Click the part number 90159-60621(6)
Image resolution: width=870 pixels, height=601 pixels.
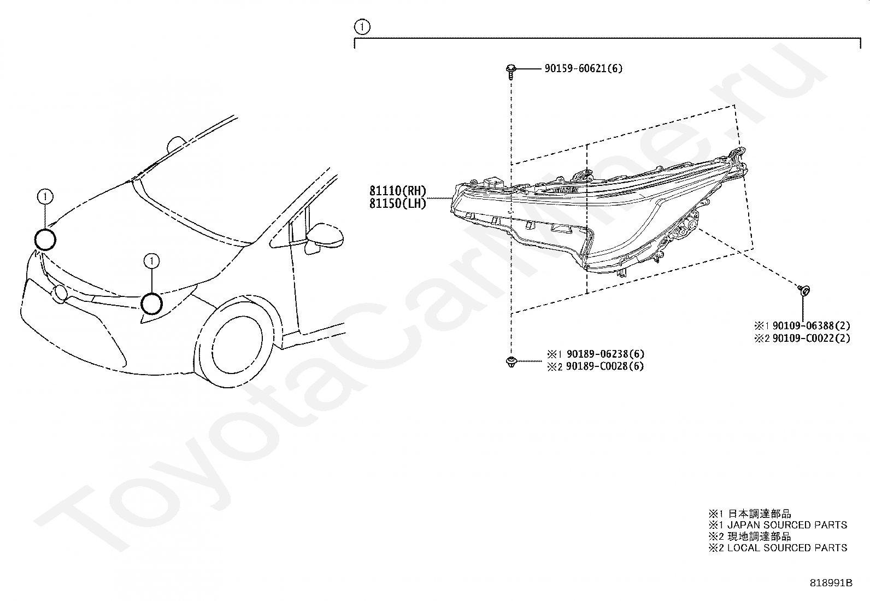pyautogui.click(x=583, y=68)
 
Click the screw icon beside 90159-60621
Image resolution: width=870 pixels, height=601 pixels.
pyautogui.click(x=510, y=70)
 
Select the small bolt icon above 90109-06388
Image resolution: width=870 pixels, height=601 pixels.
pyautogui.click(x=804, y=290)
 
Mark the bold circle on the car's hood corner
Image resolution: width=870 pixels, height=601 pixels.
pyautogui.click(x=45, y=239)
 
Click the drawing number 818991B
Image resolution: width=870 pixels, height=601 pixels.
pyautogui.click(x=831, y=583)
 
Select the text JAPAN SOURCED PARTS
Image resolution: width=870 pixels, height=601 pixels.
pyautogui.click(x=787, y=525)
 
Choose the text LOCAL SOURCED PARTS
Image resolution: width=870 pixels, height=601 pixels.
pyautogui.click(x=787, y=547)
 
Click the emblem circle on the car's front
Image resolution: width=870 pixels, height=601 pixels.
pyautogui.click(x=60, y=294)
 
